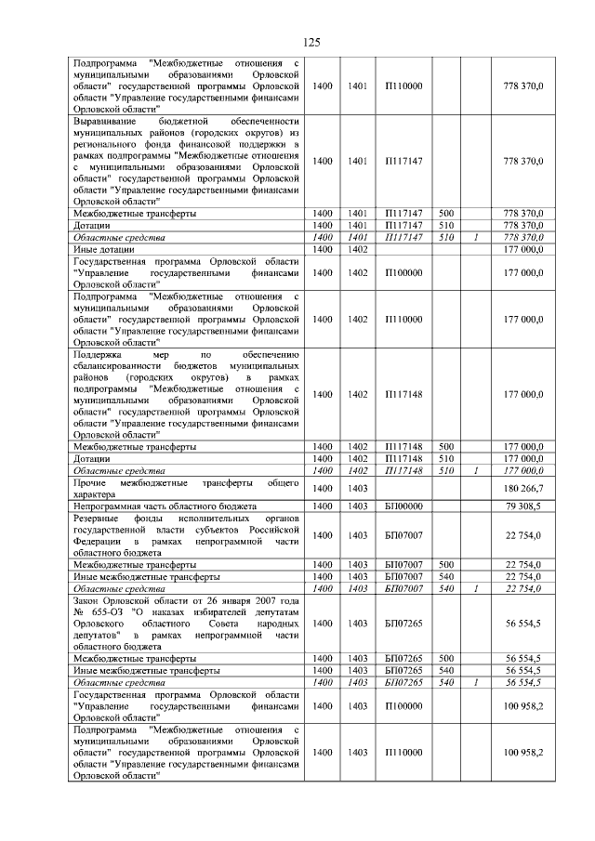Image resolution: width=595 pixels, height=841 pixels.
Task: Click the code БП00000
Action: tap(403, 506)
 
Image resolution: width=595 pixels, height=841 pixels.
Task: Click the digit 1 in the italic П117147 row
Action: tap(475, 237)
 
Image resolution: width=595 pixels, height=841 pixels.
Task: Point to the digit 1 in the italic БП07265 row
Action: tap(475, 681)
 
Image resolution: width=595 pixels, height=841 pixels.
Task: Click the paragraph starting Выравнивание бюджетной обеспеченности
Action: tap(186, 161)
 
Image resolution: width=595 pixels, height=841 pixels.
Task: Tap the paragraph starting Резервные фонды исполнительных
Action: tap(186, 534)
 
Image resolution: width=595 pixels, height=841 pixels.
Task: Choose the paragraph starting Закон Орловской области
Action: tap(186, 623)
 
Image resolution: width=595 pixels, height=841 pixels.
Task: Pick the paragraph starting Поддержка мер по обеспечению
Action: tap(186, 394)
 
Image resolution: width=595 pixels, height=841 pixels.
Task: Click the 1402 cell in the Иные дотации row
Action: tap(358, 249)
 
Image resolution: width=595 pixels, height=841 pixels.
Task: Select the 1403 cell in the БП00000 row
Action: tap(358, 506)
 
